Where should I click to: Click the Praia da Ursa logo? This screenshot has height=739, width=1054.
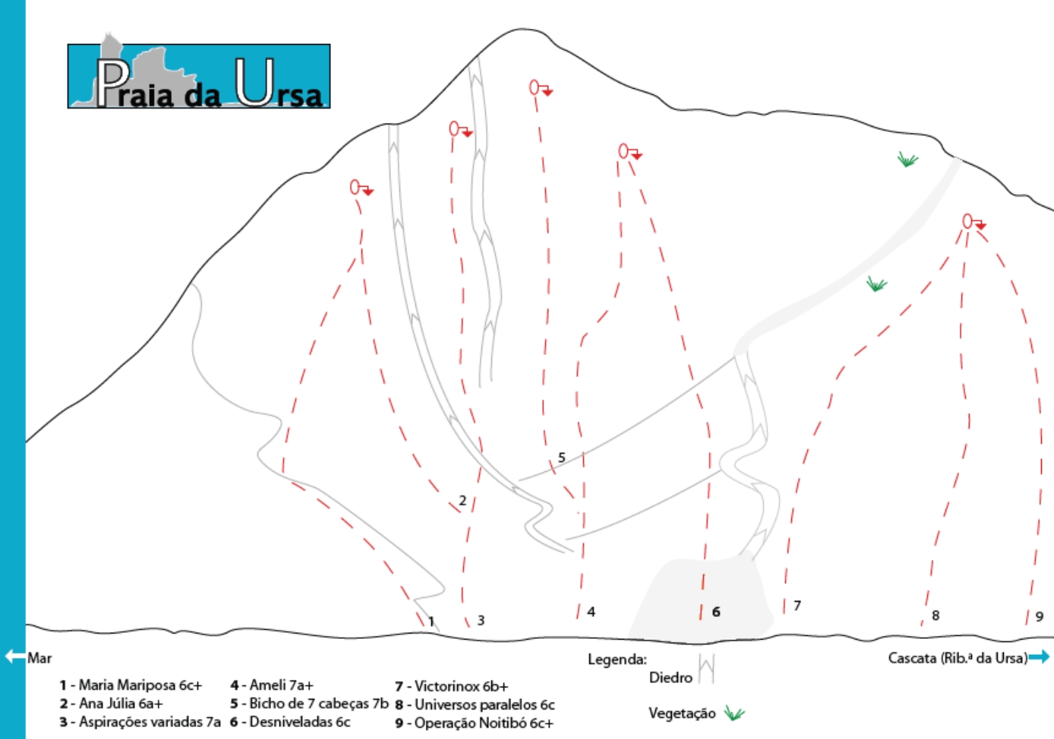pyautogui.click(x=199, y=76)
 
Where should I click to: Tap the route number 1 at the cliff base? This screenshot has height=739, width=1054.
pyautogui.click(x=431, y=621)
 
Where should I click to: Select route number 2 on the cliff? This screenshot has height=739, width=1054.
pyautogui.click(x=462, y=501)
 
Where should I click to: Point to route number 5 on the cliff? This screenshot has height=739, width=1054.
pyautogui.click(x=561, y=458)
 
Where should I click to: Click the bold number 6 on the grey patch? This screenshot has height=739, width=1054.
pyautogui.click(x=715, y=612)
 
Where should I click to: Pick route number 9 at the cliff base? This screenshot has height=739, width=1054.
pyautogui.click(x=1039, y=617)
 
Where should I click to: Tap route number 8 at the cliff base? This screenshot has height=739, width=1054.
pyautogui.click(x=936, y=615)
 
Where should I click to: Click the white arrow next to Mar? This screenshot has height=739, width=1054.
pyautogui.click(x=14, y=656)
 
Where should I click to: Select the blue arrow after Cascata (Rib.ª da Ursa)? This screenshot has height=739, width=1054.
pyautogui.click(x=1040, y=657)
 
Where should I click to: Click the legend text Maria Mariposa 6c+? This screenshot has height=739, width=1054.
pyautogui.click(x=140, y=685)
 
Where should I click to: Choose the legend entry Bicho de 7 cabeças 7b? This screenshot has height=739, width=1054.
pyautogui.click(x=318, y=703)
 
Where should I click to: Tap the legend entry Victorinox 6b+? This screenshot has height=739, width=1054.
pyautogui.click(x=460, y=687)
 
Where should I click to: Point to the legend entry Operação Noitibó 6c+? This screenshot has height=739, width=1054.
pyautogui.click(x=483, y=723)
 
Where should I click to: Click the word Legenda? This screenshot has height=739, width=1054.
pyautogui.click(x=617, y=659)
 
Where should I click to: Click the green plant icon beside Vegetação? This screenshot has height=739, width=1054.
pyautogui.click(x=734, y=713)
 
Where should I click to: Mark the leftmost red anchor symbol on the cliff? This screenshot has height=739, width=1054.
pyautogui.click(x=361, y=187)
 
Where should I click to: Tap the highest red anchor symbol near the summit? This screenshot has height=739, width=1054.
pyautogui.click(x=540, y=88)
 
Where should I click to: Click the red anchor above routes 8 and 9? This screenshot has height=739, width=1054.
pyautogui.click(x=973, y=222)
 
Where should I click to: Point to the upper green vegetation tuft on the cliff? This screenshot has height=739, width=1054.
pyautogui.click(x=907, y=159)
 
